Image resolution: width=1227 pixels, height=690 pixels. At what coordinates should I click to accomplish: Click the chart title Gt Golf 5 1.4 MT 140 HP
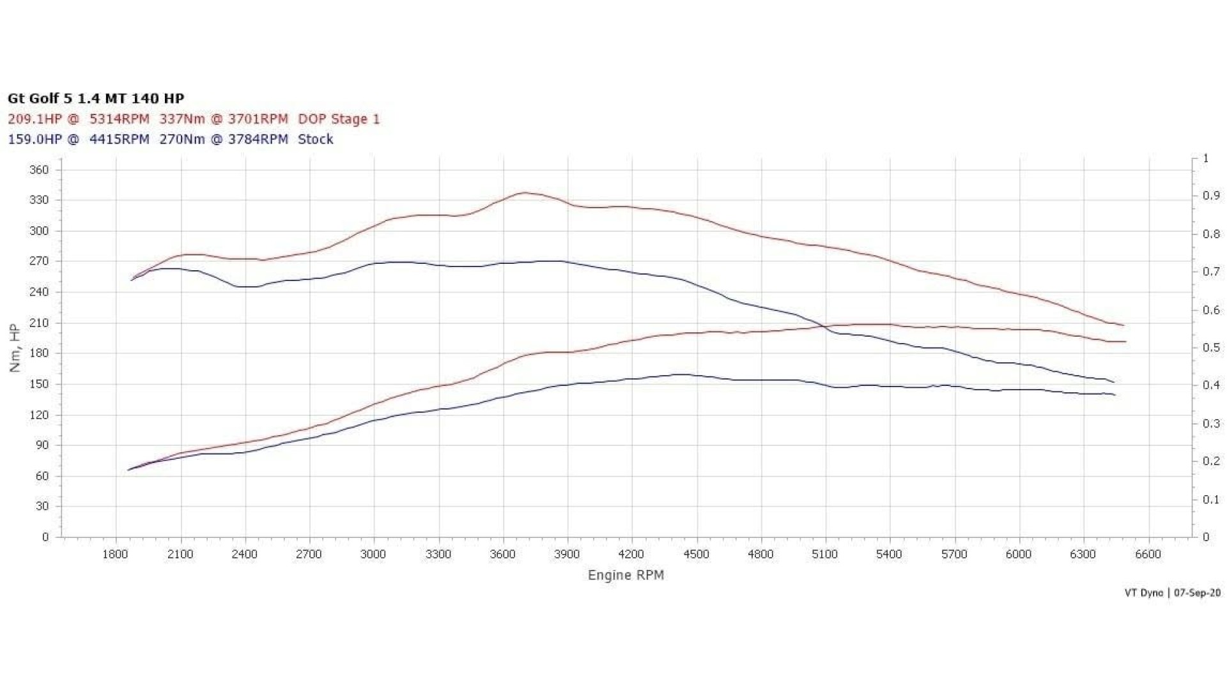96,98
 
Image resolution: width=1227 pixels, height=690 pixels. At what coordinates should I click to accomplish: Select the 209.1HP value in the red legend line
35,119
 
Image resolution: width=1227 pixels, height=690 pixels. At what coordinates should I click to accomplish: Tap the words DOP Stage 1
339,119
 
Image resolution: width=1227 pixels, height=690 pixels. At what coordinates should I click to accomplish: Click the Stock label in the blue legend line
316,139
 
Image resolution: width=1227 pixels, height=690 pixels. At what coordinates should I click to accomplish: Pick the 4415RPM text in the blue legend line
119,139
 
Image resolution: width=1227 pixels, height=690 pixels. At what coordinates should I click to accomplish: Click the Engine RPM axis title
626,575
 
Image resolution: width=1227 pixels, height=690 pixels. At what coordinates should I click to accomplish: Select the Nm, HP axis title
15,348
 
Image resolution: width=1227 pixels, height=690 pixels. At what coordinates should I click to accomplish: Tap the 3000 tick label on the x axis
373,554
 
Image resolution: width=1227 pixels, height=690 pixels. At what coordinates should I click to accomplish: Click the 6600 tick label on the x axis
1148,554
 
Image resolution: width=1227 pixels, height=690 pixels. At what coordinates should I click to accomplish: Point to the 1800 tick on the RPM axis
116,554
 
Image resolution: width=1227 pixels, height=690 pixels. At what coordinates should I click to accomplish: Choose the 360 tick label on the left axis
39,170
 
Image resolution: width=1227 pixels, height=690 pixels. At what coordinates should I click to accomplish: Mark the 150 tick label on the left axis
39,384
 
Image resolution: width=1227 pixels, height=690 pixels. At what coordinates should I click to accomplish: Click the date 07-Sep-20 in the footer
1197,593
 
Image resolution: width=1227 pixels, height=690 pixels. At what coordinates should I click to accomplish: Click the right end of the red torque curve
1123,325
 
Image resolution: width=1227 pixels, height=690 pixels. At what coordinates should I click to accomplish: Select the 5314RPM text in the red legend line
119,119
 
